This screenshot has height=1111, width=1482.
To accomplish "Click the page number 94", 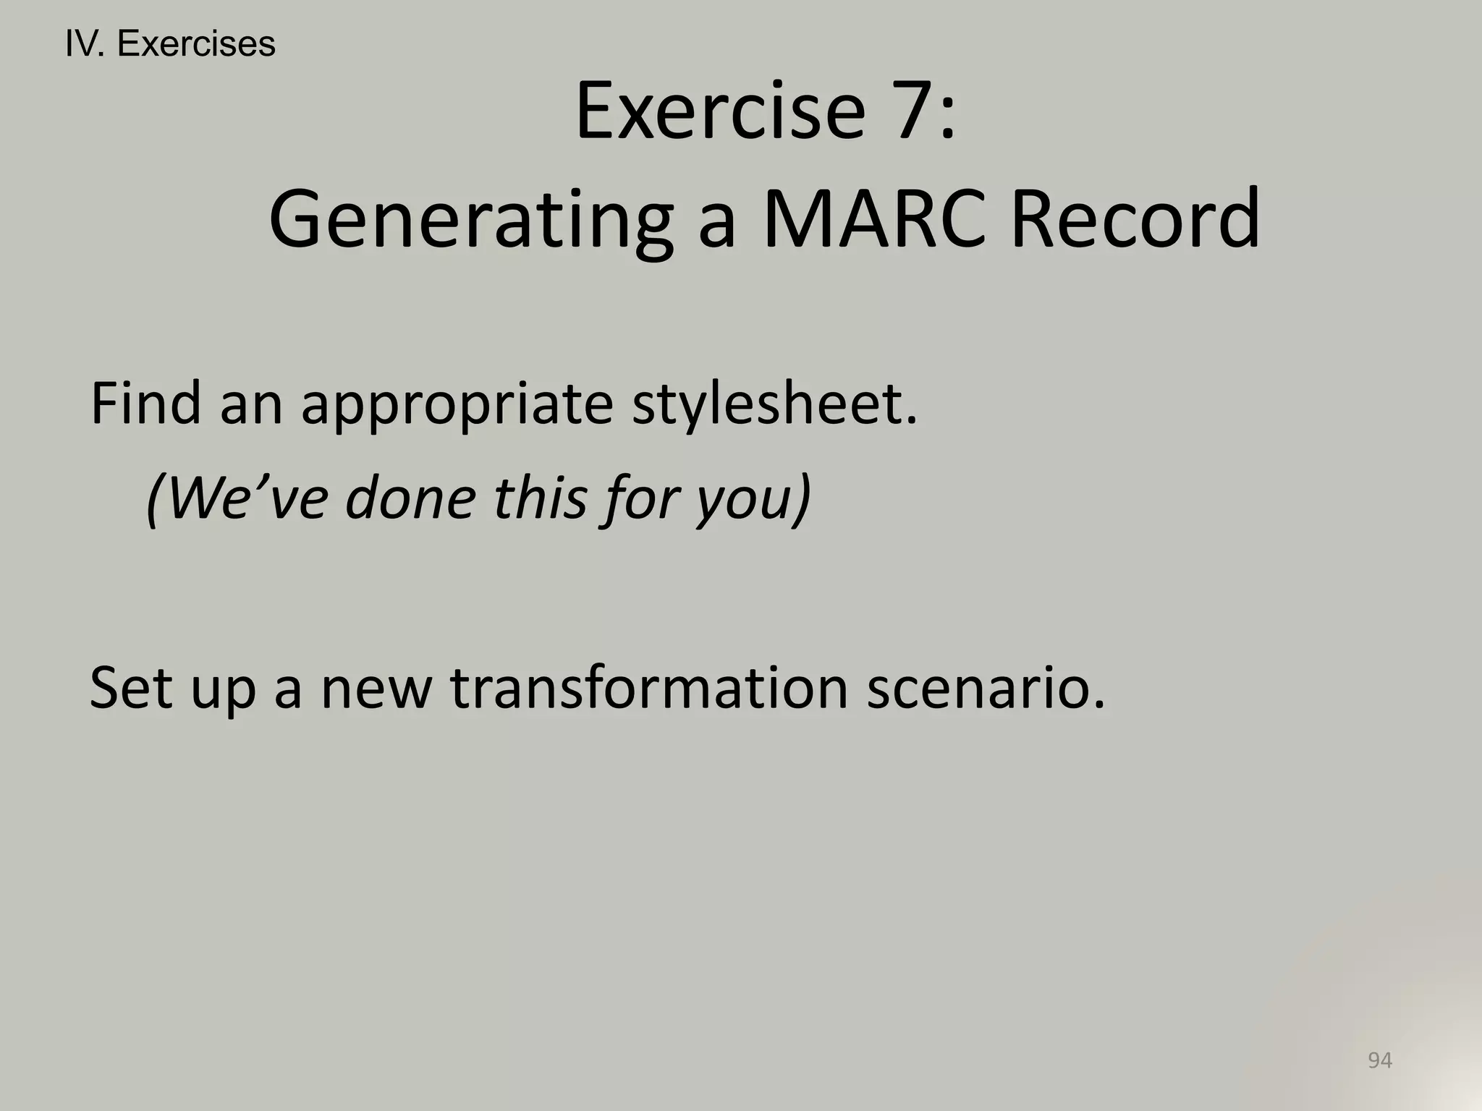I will tap(1379, 1060).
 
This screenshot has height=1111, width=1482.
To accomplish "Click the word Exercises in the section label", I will tap(196, 44).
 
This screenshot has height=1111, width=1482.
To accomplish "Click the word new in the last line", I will tap(376, 689).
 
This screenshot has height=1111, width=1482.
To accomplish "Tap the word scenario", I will tap(985, 689).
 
